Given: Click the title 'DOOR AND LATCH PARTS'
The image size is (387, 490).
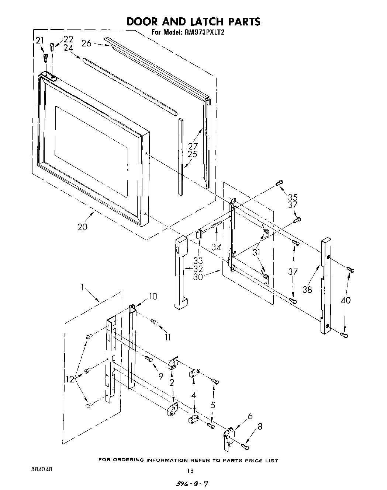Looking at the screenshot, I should pyautogui.click(x=193, y=21).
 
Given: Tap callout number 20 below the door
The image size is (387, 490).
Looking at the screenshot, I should pyautogui.click(x=82, y=227).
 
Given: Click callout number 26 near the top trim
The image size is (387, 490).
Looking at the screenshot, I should pyautogui.click(x=86, y=43).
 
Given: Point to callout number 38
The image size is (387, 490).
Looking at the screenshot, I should pyautogui.click(x=307, y=290).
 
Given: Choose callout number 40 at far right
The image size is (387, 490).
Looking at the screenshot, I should pyautogui.click(x=346, y=300).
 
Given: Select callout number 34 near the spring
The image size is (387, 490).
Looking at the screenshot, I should pyautogui.click(x=216, y=247).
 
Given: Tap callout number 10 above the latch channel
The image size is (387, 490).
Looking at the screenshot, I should pyautogui.click(x=153, y=296).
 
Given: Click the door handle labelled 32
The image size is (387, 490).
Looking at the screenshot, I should pyautogui.click(x=181, y=273).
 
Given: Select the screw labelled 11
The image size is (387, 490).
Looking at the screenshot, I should pyautogui.click(x=154, y=323).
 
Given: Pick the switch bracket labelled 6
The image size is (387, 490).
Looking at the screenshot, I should pyautogui.click(x=229, y=437).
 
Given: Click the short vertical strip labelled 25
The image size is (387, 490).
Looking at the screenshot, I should pyautogui.click(x=180, y=157).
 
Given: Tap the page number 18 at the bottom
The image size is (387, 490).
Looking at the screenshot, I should pyautogui.click(x=190, y=470).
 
